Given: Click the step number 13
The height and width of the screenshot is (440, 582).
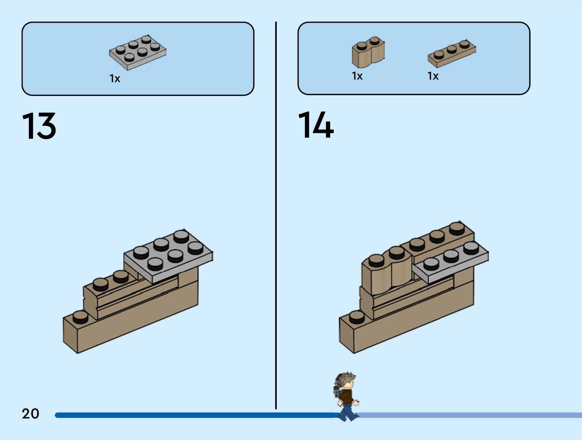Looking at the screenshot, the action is [39, 126].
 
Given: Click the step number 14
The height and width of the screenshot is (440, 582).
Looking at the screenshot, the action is [316, 125].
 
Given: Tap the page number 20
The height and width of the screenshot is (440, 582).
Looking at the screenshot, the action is [30, 414].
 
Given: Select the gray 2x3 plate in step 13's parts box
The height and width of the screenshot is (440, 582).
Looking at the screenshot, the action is [138, 52].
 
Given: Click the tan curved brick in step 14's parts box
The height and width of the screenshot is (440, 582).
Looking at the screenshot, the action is [368, 53].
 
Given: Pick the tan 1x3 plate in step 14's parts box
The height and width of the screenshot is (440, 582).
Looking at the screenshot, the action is [452, 54].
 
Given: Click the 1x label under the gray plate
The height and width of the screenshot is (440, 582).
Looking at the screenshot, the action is [115, 79].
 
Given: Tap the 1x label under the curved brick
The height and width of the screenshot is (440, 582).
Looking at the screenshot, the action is [357, 76].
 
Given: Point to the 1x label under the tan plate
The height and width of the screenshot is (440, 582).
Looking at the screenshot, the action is [433, 76].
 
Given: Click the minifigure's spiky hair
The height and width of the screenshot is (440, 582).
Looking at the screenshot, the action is [345, 379].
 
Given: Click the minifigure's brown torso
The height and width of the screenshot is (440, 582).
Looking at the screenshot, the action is [346, 397].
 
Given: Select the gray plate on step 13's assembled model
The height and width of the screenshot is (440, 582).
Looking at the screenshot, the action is [168, 256].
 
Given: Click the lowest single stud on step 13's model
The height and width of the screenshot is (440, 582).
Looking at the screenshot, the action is [80, 317].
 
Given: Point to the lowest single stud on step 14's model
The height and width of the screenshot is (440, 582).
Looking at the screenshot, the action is [357, 317].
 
